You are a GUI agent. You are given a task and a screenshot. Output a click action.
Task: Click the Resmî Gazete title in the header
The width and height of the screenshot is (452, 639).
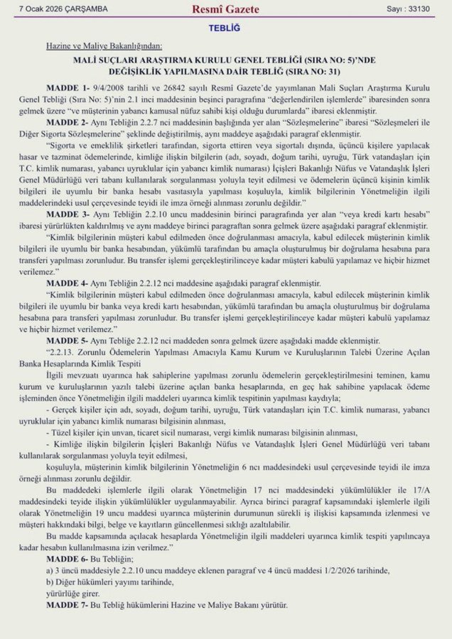tap(225, 10)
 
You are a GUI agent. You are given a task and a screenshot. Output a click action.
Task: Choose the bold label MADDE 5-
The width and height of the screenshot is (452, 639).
tap(77, 342)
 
